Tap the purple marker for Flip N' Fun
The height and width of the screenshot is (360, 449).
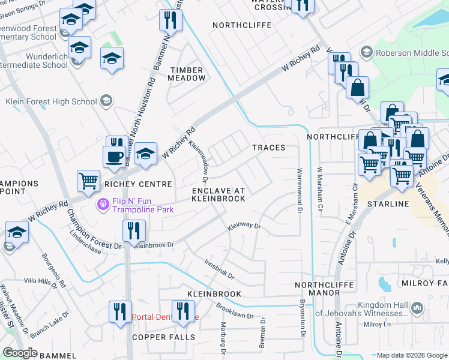tap(103, 205)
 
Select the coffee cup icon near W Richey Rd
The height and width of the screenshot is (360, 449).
tap(114, 158)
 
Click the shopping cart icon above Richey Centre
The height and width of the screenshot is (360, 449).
tap(88, 181)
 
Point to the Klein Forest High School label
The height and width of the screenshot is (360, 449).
tap(51, 101)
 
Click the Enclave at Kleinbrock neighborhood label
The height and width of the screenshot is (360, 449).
tap(218, 194)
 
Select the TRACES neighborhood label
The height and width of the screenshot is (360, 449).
tap(268, 148)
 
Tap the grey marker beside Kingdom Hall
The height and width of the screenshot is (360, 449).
tap(418, 308)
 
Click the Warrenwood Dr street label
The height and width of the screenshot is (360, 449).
tap(299, 191)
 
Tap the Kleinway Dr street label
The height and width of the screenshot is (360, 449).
tap(244, 227)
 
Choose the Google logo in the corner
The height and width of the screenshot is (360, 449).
tap(20, 353)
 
